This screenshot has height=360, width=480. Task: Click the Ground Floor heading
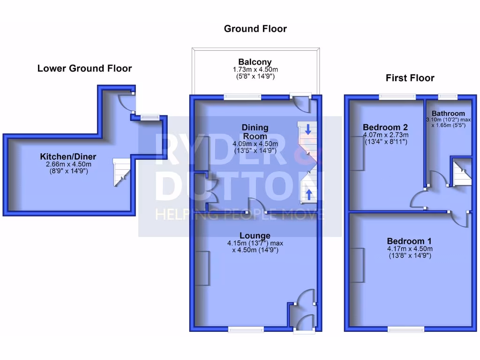click(255, 29)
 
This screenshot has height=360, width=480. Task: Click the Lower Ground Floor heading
click(84, 68)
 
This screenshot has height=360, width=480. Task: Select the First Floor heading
click(410, 78)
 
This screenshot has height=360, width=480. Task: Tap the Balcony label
click(255, 62)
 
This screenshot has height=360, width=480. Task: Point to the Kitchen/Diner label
click(68, 157)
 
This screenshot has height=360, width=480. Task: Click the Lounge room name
click(255, 235)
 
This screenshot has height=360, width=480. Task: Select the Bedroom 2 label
click(385, 127)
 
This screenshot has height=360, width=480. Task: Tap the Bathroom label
click(448, 113)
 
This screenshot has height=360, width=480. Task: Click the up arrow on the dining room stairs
click(308, 193)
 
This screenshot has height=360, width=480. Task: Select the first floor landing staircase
click(461, 172)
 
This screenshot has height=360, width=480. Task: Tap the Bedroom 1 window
click(406, 330)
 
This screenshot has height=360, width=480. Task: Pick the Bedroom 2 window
click(397, 97)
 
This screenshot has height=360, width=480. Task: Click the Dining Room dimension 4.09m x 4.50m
click(255, 144)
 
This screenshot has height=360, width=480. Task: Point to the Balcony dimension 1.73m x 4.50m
click(255, 69)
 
